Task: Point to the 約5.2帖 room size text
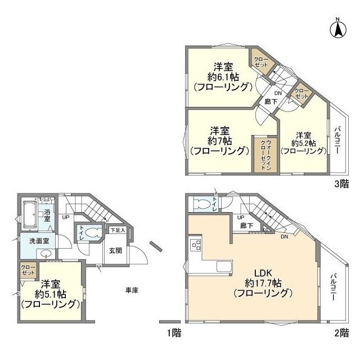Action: pyautogui.click(x=304, y=143)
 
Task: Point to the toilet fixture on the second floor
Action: pyautogui.click(x=199, y=204)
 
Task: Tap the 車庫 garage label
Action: pyautogui.click(x=132, y=290)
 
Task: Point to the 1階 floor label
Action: pyautogui.click(x=174, y=333)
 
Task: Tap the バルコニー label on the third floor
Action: pyautogui.click(x=337, y=141)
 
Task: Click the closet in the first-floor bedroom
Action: pyautogui.click(x=26, y=269)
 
